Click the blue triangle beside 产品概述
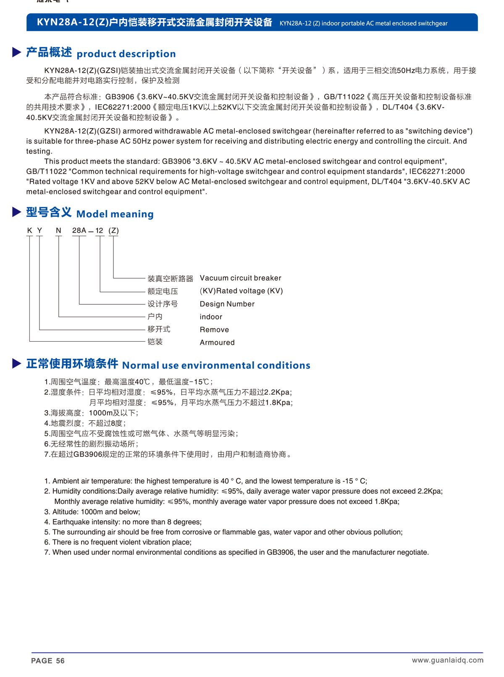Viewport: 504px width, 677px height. tap(17, 52)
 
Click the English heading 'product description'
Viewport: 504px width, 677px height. tap(126, 54)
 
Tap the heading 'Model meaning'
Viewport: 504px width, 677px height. tap(115, 214)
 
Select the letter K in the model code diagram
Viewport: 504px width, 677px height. tap(29, 230)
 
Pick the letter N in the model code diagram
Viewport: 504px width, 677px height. tap(58, 230)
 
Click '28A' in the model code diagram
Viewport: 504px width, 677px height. tap(79, 230)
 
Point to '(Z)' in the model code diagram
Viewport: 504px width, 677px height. tap(113, 230)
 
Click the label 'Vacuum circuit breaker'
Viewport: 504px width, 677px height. tap(240, 278)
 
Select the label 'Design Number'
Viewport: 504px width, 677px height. tap(227, 304)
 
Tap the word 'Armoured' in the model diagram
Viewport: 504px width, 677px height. tap(217, 342)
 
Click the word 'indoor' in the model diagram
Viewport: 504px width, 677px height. tap(211, 317)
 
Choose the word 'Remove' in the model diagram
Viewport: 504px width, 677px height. tap(214, 330)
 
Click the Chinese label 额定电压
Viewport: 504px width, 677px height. tap(163, 291)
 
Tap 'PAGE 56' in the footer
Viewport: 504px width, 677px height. tap(48, 661)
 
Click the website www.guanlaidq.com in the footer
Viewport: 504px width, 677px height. tap(447, 660)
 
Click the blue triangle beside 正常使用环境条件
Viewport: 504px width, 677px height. tap(17, 364)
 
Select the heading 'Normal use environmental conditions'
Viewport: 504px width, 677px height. tap(216, 365)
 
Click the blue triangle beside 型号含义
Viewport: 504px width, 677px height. tap(17, 212)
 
